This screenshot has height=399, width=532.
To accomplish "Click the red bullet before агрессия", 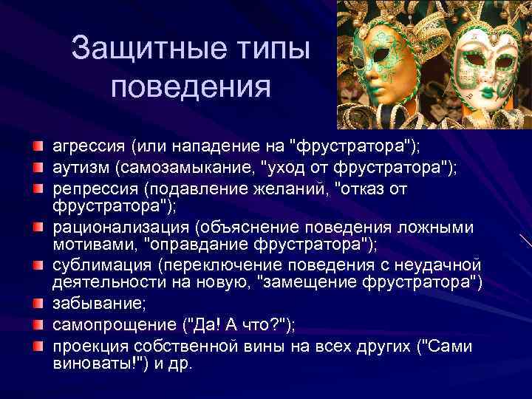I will [x=38, y=141].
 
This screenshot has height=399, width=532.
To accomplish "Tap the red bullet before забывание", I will [x=38, y=303].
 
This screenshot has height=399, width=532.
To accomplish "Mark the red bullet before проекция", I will [x=38, y=347].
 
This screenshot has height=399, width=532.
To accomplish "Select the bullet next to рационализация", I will [x=38, y=226].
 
